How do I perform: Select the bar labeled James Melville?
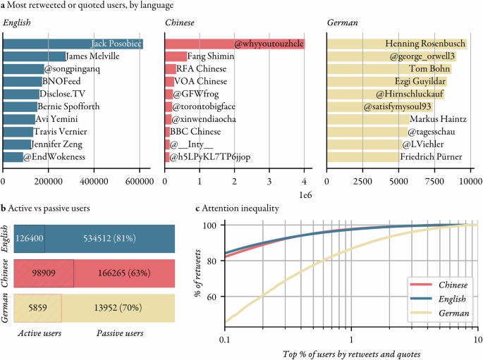point(35,56)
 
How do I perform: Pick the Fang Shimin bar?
point(176,56)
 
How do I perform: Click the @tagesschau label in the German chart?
point(432,132)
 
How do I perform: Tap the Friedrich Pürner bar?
point(363,157)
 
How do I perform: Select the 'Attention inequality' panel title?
point(240,209)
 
